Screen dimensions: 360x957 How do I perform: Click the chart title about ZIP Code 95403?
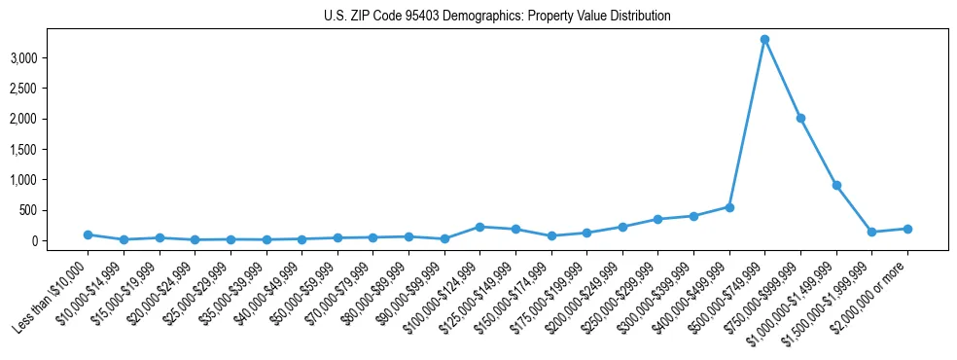[x=497, y=17]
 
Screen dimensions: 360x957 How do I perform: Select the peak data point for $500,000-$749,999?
[x=764, y=39]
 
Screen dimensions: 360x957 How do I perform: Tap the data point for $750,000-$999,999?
[x=800, y=118]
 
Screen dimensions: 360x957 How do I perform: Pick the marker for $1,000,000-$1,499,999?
[x=836, y=185]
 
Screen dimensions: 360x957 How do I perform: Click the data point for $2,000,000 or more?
[x=907, y=229]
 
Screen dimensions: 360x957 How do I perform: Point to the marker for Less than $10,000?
[x=88, y=234]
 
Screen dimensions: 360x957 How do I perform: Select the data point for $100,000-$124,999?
[x=479, y=227]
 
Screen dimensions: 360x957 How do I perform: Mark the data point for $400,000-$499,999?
[x=729, y=207]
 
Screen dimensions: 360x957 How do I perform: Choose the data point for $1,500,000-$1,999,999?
[x=871, y=232]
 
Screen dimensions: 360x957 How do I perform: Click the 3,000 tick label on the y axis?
[x=51, y=58]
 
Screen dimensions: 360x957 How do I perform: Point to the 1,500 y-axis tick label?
[x=51, y=150]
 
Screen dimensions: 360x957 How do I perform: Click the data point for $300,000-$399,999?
[x=693, y=216]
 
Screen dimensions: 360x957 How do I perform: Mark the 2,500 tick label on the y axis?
[x=51, y=89]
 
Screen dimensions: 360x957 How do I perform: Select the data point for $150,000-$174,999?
[x=550, y=235]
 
